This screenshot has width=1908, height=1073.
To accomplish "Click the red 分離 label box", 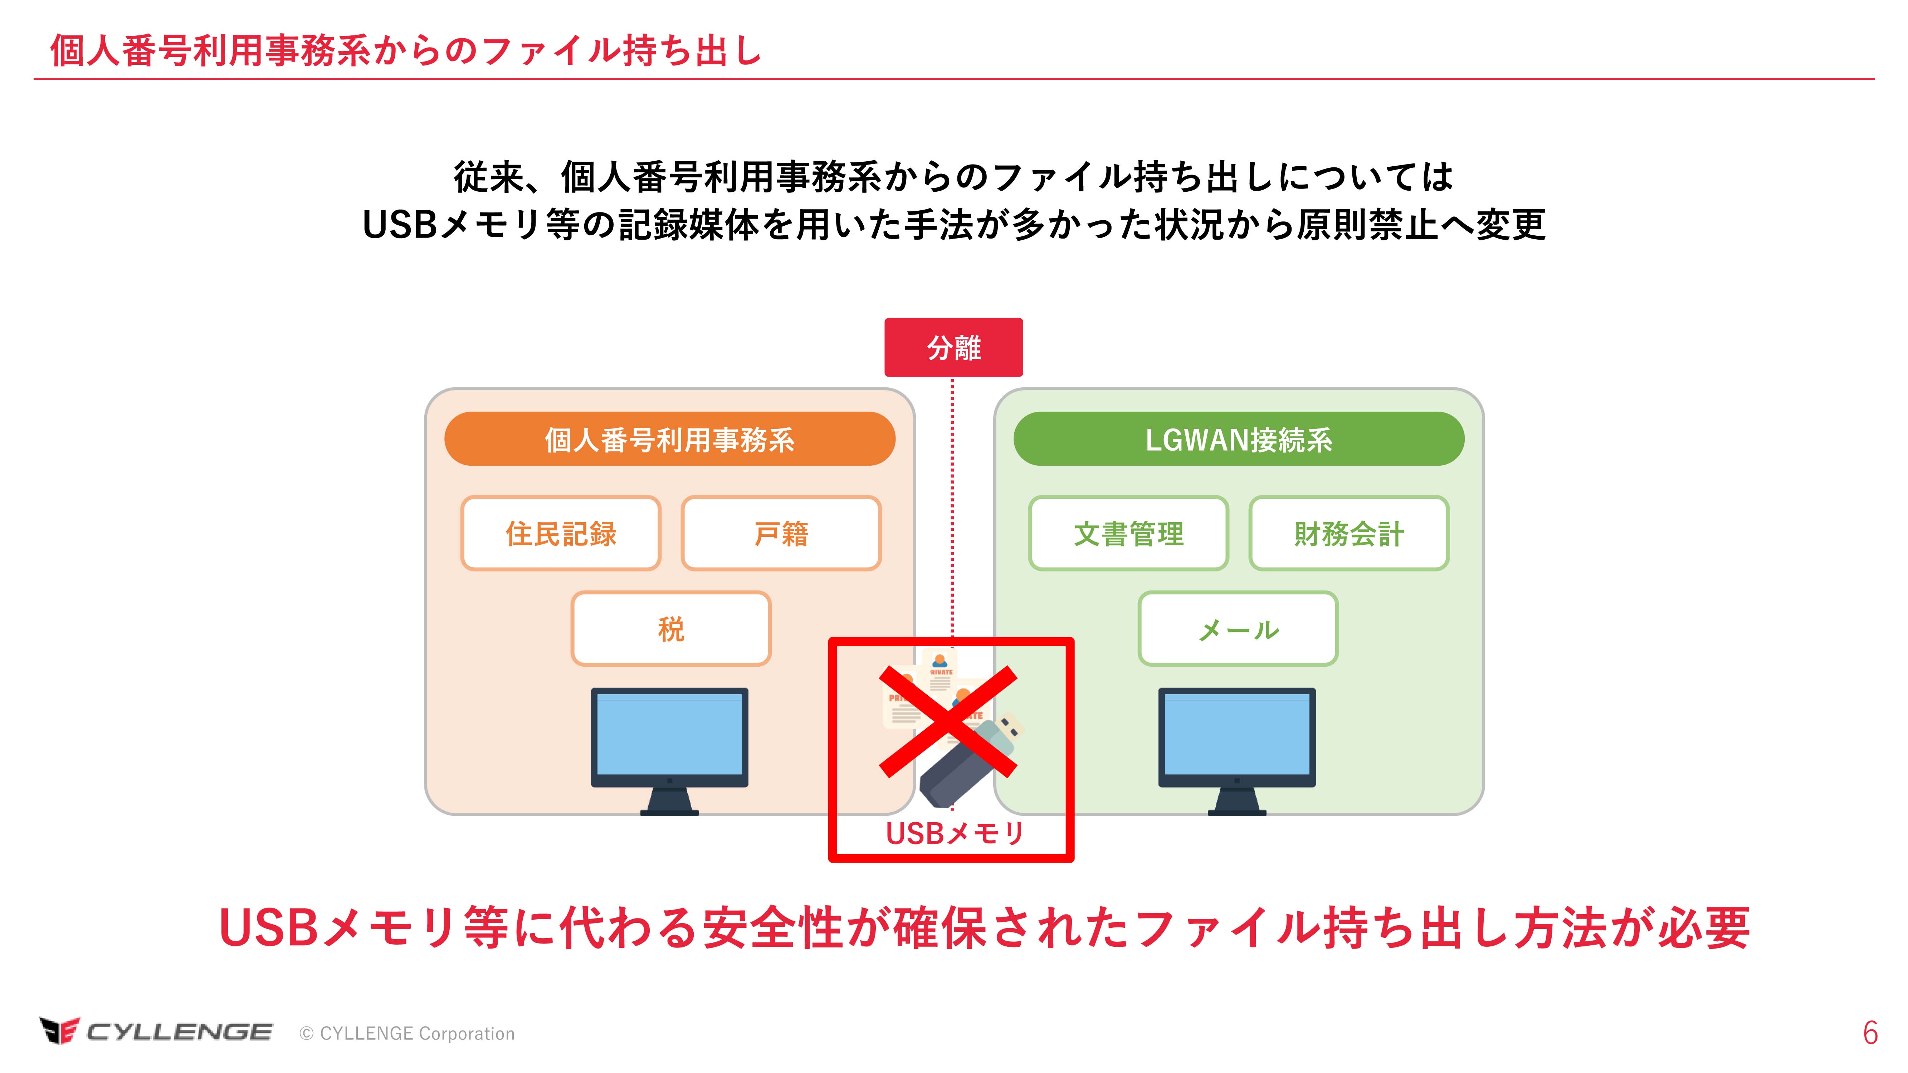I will click(953, 347).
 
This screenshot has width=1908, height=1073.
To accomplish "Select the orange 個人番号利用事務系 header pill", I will click(670, 439).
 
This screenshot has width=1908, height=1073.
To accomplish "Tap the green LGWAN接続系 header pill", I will click(1238, 439).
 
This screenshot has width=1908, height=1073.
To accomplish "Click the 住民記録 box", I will click(561, 533).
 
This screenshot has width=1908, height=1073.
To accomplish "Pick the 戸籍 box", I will click(781, 533).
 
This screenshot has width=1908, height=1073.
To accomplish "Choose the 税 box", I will click(670, 629).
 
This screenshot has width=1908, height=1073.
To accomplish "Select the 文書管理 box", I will click(1128, 533).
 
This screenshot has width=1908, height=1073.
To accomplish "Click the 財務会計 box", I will click(1349, 533).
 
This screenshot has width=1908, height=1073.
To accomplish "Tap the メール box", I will click(1238, 629).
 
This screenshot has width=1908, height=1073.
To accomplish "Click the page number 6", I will click(1870, 1033).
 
